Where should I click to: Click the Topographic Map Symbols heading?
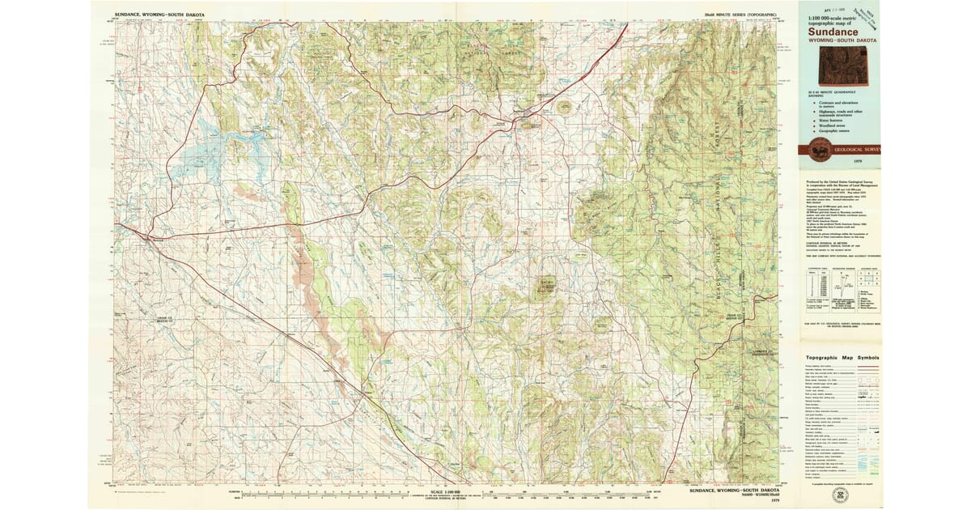click(842, 358)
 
